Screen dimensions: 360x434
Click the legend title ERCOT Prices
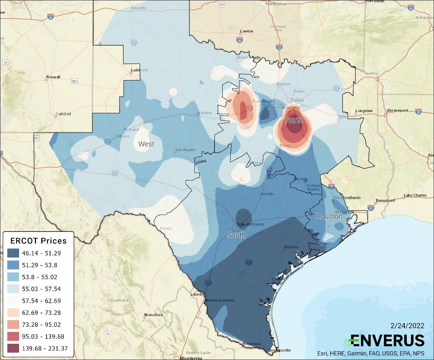pyautogui.click(x=38, y=241)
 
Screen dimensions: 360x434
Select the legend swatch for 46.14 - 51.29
pyautogui.click(x=13, y=253)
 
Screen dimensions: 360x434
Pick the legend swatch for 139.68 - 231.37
pyautogui.click(x=13, y=348)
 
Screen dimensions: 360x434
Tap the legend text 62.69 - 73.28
pyautogui.click(x=41, y=313)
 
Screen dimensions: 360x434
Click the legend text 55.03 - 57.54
pyautogui.click(x=41, y=289)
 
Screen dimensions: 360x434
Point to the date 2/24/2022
pyautogui.click(x=407, y=326)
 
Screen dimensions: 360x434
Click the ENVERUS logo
pyautogui.click(x=384, y=341)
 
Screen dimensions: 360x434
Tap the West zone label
pyautogui.click(x=146, y=144)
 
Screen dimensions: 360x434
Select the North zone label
pyautogui.click(x=294, y=120)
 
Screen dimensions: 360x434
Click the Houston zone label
pyautogui.click(x=329, y=216)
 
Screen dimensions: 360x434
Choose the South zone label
pyautogui.click(x=236, y=235)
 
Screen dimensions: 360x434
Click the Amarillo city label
pyautogui.click(x=139, y=8)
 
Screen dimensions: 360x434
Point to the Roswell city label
pyautogui.click(x=53, y=77)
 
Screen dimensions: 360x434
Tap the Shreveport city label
pyautogui.click(x=397, y=110)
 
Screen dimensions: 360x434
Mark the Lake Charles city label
pyautogui.click(x=415, y=195)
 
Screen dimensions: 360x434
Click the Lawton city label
pyautogui.click(x=247, y=31)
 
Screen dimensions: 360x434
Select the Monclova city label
pyautogui.click(x=153, y=315)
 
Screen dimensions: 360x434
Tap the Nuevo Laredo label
pyautogui.click(x=219, y=300)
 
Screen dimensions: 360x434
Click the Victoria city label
pyautogui.click(x=291, y=247)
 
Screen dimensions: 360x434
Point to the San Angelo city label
pyautogui.click(x=185, y=150)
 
